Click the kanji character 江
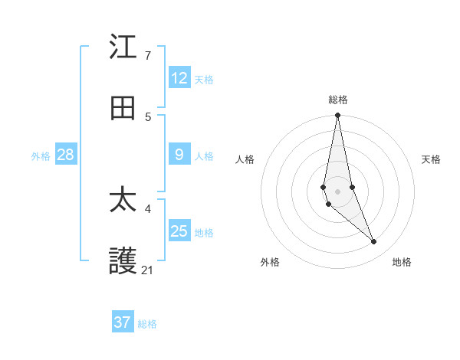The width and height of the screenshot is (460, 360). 123,48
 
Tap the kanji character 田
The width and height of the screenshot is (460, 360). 123,109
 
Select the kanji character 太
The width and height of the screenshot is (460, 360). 123,201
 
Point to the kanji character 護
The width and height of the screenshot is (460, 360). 123,261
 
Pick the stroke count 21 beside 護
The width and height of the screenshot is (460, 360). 147,270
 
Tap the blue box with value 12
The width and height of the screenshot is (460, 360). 179,78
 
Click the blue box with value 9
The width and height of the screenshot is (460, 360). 179,155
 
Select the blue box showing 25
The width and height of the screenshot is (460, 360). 179,231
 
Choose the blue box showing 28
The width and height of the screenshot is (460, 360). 66,155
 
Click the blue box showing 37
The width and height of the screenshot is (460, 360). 123,322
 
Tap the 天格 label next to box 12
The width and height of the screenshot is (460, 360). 204,79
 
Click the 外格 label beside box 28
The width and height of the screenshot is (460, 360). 41,155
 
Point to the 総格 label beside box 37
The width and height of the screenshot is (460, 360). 147,323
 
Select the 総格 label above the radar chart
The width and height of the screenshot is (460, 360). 338,100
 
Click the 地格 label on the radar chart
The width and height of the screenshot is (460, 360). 402,262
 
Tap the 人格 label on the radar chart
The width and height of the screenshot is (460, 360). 245,159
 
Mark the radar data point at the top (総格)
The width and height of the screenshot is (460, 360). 337,116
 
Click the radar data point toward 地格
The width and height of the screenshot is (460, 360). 374,242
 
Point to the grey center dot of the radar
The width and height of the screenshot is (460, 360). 337,191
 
